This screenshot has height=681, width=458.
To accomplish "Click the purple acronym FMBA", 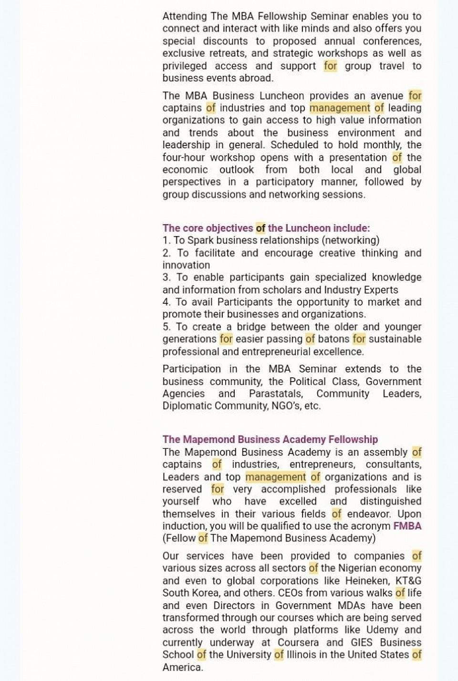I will click(407, 526).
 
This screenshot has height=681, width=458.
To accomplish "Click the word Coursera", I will click(298, 642).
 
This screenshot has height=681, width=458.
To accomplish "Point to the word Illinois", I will click(306, 655).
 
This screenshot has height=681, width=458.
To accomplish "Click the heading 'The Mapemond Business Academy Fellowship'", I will click(270, 439).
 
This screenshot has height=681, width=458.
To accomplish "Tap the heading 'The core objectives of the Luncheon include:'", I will click(266, 228).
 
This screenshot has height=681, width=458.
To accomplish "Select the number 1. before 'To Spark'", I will click(167, 240).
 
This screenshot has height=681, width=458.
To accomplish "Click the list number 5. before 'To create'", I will click(167, 327).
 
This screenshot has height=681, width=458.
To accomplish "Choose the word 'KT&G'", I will click(408, 581).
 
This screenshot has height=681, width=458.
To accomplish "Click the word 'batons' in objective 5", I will click(334, 339).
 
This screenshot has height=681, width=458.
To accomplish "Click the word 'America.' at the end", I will click(183, 667).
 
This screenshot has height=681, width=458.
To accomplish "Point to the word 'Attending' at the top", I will click(184, 16).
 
